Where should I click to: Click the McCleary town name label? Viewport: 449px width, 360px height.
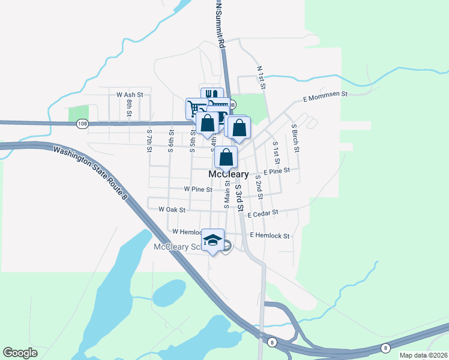228,174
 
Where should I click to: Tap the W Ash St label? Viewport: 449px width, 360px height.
130,95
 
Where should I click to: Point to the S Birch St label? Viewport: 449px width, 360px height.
294,137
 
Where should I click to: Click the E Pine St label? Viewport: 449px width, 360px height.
276,171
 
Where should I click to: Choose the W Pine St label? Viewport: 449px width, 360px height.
198,189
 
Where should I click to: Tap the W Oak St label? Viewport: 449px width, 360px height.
172,210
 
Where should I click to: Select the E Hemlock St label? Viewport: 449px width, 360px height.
270,236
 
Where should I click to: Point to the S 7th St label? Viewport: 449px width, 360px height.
149,140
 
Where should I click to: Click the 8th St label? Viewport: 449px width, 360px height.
128,107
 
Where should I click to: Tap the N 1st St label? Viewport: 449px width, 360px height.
261,77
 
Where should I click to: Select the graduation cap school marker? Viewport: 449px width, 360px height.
212,239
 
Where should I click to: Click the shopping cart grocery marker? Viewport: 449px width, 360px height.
195,108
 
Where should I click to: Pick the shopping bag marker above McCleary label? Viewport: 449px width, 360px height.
226,157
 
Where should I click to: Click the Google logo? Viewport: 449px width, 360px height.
20,353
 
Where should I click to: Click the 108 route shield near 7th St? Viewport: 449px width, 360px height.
82,124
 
